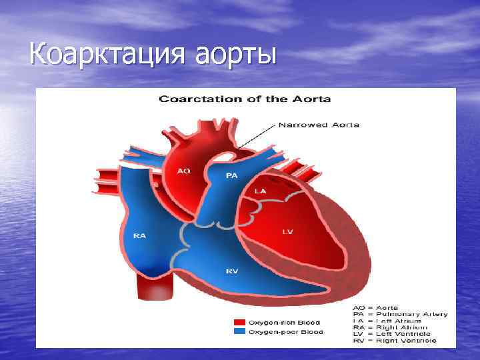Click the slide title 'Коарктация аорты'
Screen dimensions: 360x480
coord(153,53)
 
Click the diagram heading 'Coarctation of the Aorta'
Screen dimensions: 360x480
coord(244,99)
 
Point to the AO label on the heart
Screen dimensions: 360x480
coord(183,171)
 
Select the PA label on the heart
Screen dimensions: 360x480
coord(231,176)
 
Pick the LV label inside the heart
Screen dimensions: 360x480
coord(287,231)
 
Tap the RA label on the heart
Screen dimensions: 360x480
coord(140,235)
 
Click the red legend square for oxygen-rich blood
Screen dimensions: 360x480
coord(237,322)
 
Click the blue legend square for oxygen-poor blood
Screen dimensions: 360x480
coord(237,331)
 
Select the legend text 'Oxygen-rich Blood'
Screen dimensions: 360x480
coord(286,322)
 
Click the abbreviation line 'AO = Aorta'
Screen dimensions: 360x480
coord(380,307)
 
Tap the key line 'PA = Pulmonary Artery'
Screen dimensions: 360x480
coord(400,314)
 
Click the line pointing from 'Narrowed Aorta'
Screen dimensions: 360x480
coord(257,135)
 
